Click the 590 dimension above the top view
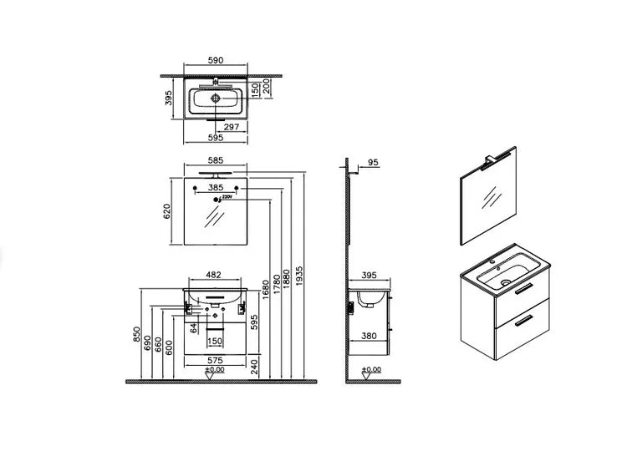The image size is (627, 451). point(215,60)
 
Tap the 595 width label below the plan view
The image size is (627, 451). point(216,139)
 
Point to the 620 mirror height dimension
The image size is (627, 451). point(167,212)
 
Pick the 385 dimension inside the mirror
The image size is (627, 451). point(216,188)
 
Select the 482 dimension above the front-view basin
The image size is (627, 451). point(214,274)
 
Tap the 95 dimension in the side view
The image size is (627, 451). point(373,163)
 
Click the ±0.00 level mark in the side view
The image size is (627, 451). point(372,369)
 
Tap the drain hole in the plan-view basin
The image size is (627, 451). point(216,98)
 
